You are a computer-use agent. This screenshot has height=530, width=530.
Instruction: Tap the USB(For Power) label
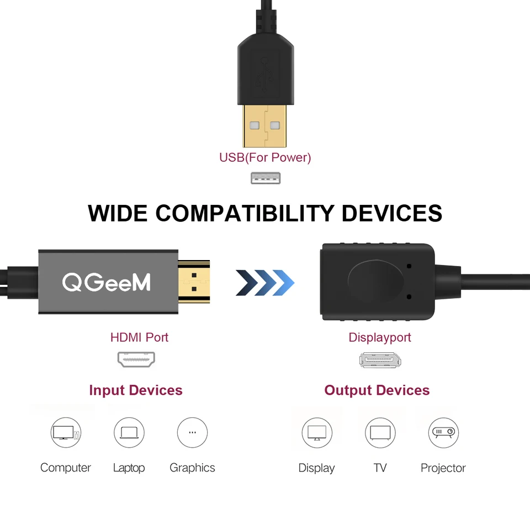[265, 158]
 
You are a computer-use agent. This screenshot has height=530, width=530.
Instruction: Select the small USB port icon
[266, 178]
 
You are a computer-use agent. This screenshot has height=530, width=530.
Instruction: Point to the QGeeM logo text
[106, 282]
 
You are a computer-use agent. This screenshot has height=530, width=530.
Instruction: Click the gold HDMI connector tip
[194, 281]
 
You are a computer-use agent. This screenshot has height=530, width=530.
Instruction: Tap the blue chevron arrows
[265, 283]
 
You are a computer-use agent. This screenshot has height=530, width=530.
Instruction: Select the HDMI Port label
[139, 337]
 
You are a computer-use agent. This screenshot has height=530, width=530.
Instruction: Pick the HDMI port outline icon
[136, 360]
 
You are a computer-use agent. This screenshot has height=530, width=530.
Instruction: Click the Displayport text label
[380, 337]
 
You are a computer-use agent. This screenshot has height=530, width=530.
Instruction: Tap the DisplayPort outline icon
[380, 361]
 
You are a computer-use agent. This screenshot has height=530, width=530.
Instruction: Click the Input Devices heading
[136, 391]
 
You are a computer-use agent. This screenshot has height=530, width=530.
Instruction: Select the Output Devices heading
[377, 391]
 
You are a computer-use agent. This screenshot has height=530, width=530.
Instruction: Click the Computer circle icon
[66, 432]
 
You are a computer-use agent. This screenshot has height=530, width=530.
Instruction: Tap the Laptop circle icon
[129, 432]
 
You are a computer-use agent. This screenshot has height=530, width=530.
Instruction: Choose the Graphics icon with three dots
[192, 432]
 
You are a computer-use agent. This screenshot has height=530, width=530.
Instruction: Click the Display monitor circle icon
[317, 432]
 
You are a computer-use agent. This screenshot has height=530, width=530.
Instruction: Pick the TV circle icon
[380, 432]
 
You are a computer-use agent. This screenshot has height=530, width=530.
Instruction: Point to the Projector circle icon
[443, 432]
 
